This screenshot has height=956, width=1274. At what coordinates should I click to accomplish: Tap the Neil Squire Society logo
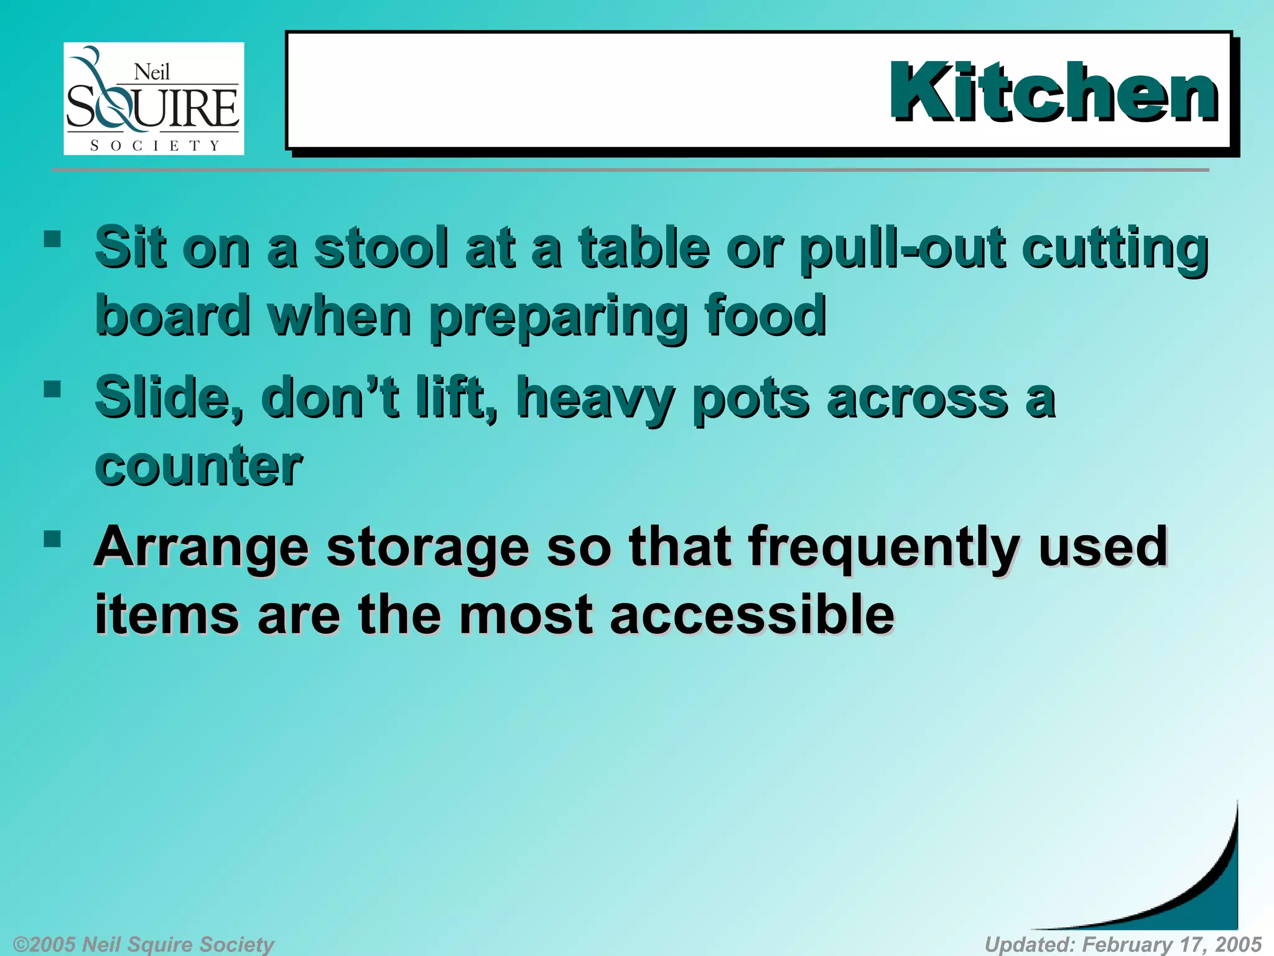(154, 98)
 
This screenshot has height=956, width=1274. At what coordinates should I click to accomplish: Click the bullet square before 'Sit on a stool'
(53, 239)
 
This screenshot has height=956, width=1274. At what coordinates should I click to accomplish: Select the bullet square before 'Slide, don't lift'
(53, 389)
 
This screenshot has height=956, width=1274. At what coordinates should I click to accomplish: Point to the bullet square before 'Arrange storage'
(53, 538)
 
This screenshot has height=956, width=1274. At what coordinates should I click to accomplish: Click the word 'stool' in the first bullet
(381, 248)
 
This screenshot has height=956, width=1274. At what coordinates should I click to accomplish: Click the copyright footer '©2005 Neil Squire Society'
(143, 944)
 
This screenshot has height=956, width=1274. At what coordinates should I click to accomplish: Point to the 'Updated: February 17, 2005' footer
(1123, 944)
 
